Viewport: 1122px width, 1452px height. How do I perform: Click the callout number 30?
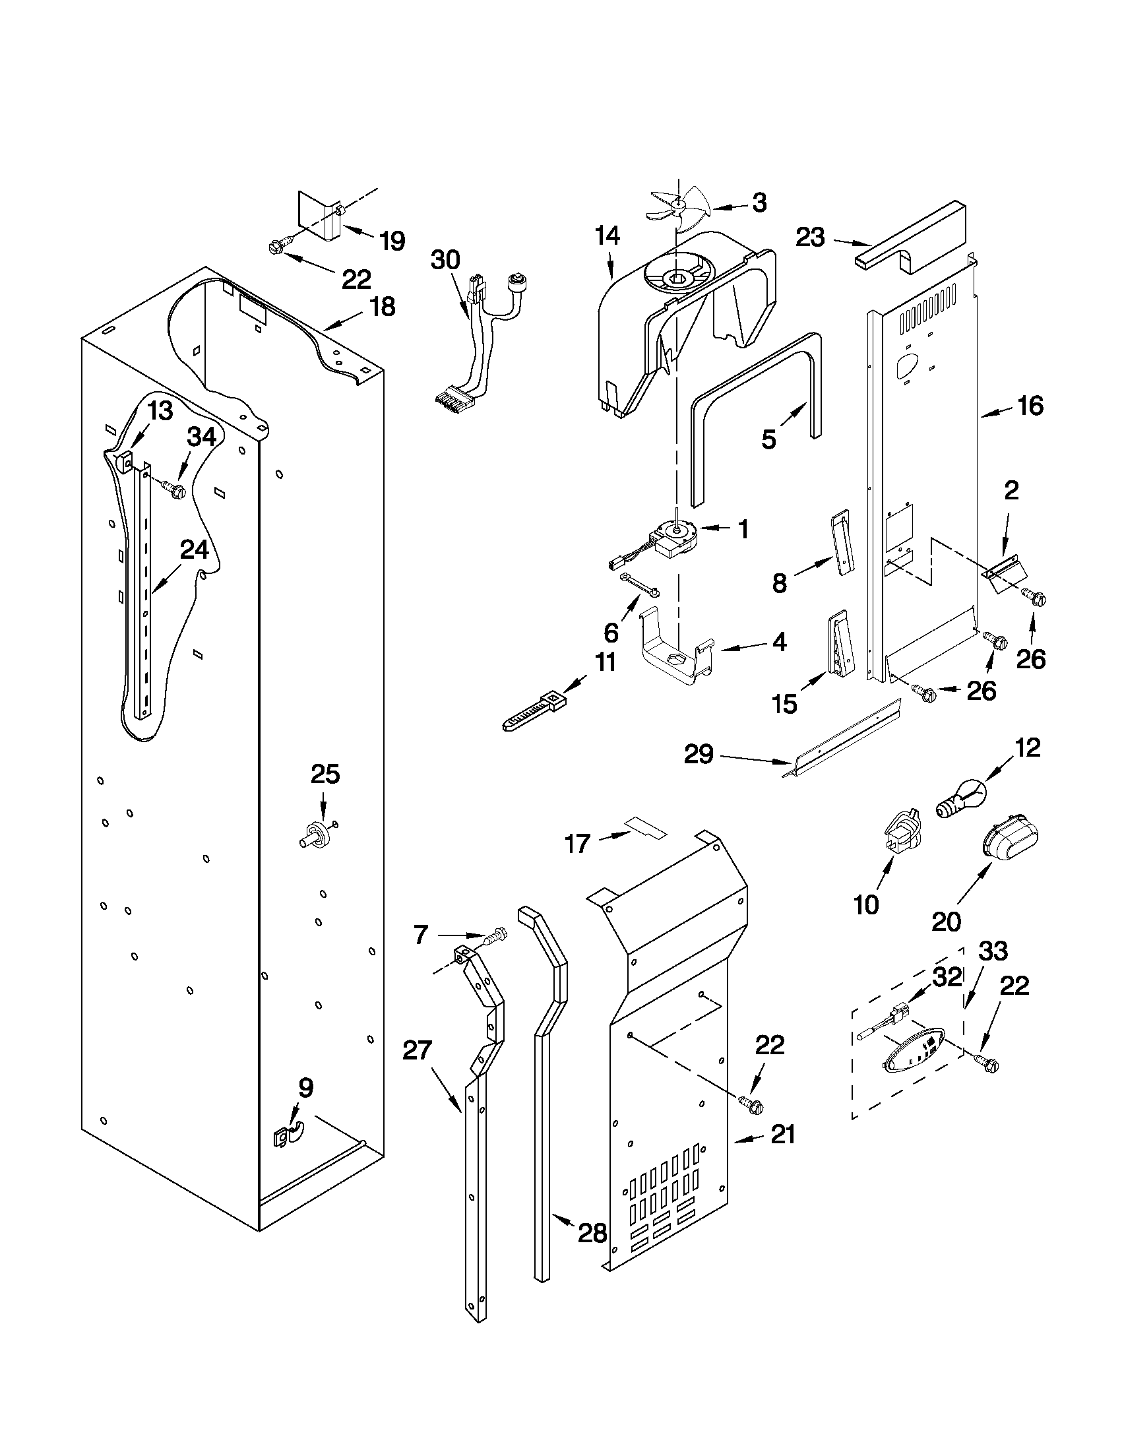coord(445,260)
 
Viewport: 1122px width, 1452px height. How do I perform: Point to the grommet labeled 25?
coord(315,833)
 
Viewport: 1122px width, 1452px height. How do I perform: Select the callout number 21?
coord(782,1135)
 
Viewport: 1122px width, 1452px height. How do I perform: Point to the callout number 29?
coord(699,754)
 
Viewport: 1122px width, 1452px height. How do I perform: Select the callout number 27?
coord(417,1050)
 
